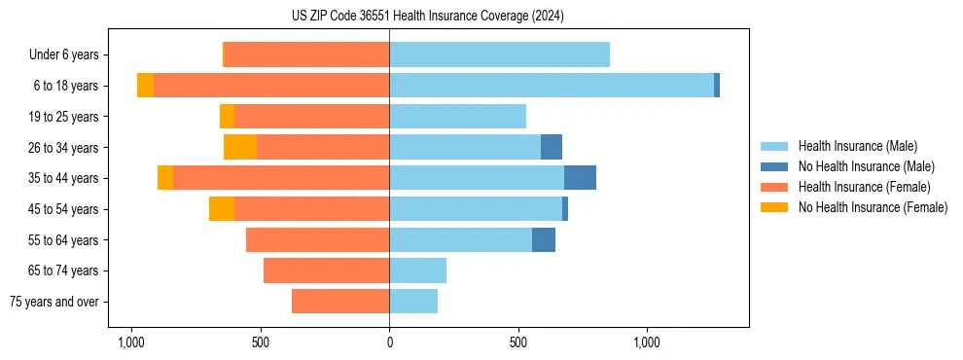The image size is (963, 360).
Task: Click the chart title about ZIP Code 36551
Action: click(x=427, y=17)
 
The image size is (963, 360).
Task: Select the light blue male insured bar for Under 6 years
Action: click(x=499, y=54)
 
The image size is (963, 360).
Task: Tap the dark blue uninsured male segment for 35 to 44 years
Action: click(x=580, y=178)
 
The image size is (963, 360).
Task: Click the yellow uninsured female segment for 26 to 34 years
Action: click(x=240, y=147)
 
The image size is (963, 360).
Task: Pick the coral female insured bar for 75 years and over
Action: click(x=340, y=302)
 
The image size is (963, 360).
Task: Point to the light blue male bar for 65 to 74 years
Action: click(x=417, y=270)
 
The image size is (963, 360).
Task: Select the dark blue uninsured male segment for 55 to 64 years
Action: click(x=544, y=239)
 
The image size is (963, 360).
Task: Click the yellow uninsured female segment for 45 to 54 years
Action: click(x=222, y=209)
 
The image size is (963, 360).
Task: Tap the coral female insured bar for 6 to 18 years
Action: click(x=271, y=86)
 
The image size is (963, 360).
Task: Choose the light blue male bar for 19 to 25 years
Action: click(x=457, y=117)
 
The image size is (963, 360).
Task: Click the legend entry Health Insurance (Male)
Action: click(x=858, y=146)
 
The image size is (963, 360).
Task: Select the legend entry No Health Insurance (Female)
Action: click(x=873, y=207)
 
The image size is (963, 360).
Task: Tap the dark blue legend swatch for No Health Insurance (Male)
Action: click(x=775, y=166)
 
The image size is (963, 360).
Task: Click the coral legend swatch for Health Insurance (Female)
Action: click(x=775, y=187)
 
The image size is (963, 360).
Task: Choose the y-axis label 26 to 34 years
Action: click(x=64, y=148)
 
